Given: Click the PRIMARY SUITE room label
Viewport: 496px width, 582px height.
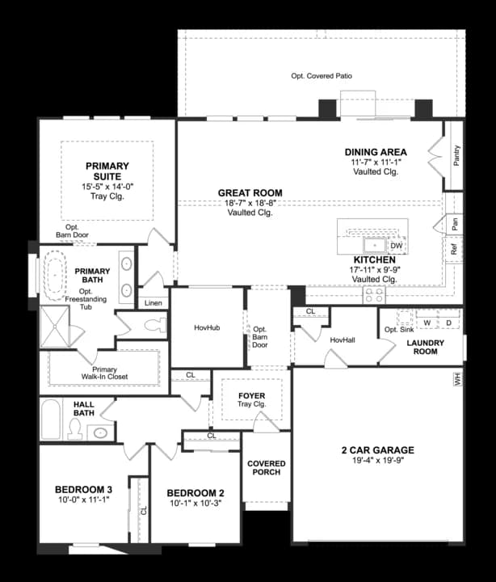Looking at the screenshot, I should tap(107, 171).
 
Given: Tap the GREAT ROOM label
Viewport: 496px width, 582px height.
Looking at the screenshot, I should tap(250, 193).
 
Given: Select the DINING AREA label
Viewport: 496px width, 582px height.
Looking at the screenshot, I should tap(375, 152).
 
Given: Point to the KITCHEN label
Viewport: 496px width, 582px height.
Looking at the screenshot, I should tap(374, 259).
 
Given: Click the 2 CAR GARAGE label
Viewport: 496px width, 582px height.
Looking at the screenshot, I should tap(377, 450).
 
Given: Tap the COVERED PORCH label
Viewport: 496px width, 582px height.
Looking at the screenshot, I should tap(266, 468).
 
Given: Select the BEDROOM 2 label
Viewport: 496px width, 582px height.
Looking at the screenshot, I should tap(195, 493).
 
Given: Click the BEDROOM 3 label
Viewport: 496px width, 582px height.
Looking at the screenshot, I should tap(83, 489).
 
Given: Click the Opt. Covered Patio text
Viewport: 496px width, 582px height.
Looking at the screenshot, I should tap(322, 76).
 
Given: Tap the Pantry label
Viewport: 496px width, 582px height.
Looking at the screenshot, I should tap(456, 155).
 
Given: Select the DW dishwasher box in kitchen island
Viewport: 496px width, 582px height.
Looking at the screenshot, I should tap(396, 246).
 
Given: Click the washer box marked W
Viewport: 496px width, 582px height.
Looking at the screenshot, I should tap(427, 323).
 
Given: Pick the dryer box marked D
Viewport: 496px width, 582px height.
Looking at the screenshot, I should tap(448, 323).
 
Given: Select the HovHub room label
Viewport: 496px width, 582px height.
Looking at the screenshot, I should tap(207, 328).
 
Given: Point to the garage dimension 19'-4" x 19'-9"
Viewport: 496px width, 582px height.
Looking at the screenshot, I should tap(377, 462).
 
